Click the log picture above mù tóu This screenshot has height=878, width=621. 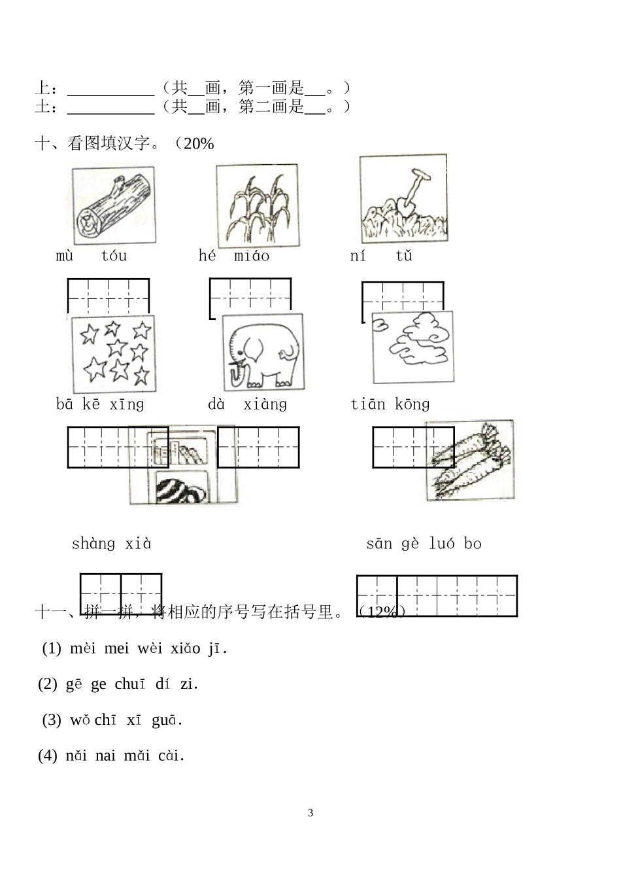(114, 205)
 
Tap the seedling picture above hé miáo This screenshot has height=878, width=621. (257, 205)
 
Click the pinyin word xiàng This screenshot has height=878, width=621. (265, 404)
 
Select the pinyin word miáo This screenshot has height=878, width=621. (252, 256)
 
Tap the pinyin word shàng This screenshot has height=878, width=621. (93, 544)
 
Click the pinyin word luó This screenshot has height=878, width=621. (442, 544)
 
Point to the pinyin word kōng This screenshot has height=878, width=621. (412, 404)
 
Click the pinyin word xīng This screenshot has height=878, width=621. (127, 404)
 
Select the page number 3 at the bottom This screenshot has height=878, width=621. (310, 813)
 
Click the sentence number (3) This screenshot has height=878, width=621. (52, 720)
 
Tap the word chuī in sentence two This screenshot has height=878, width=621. (130, 684)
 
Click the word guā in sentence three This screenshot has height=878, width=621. (166, 720)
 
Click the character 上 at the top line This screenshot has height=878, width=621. (42, 88)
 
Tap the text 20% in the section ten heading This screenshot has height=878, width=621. (199, 144)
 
